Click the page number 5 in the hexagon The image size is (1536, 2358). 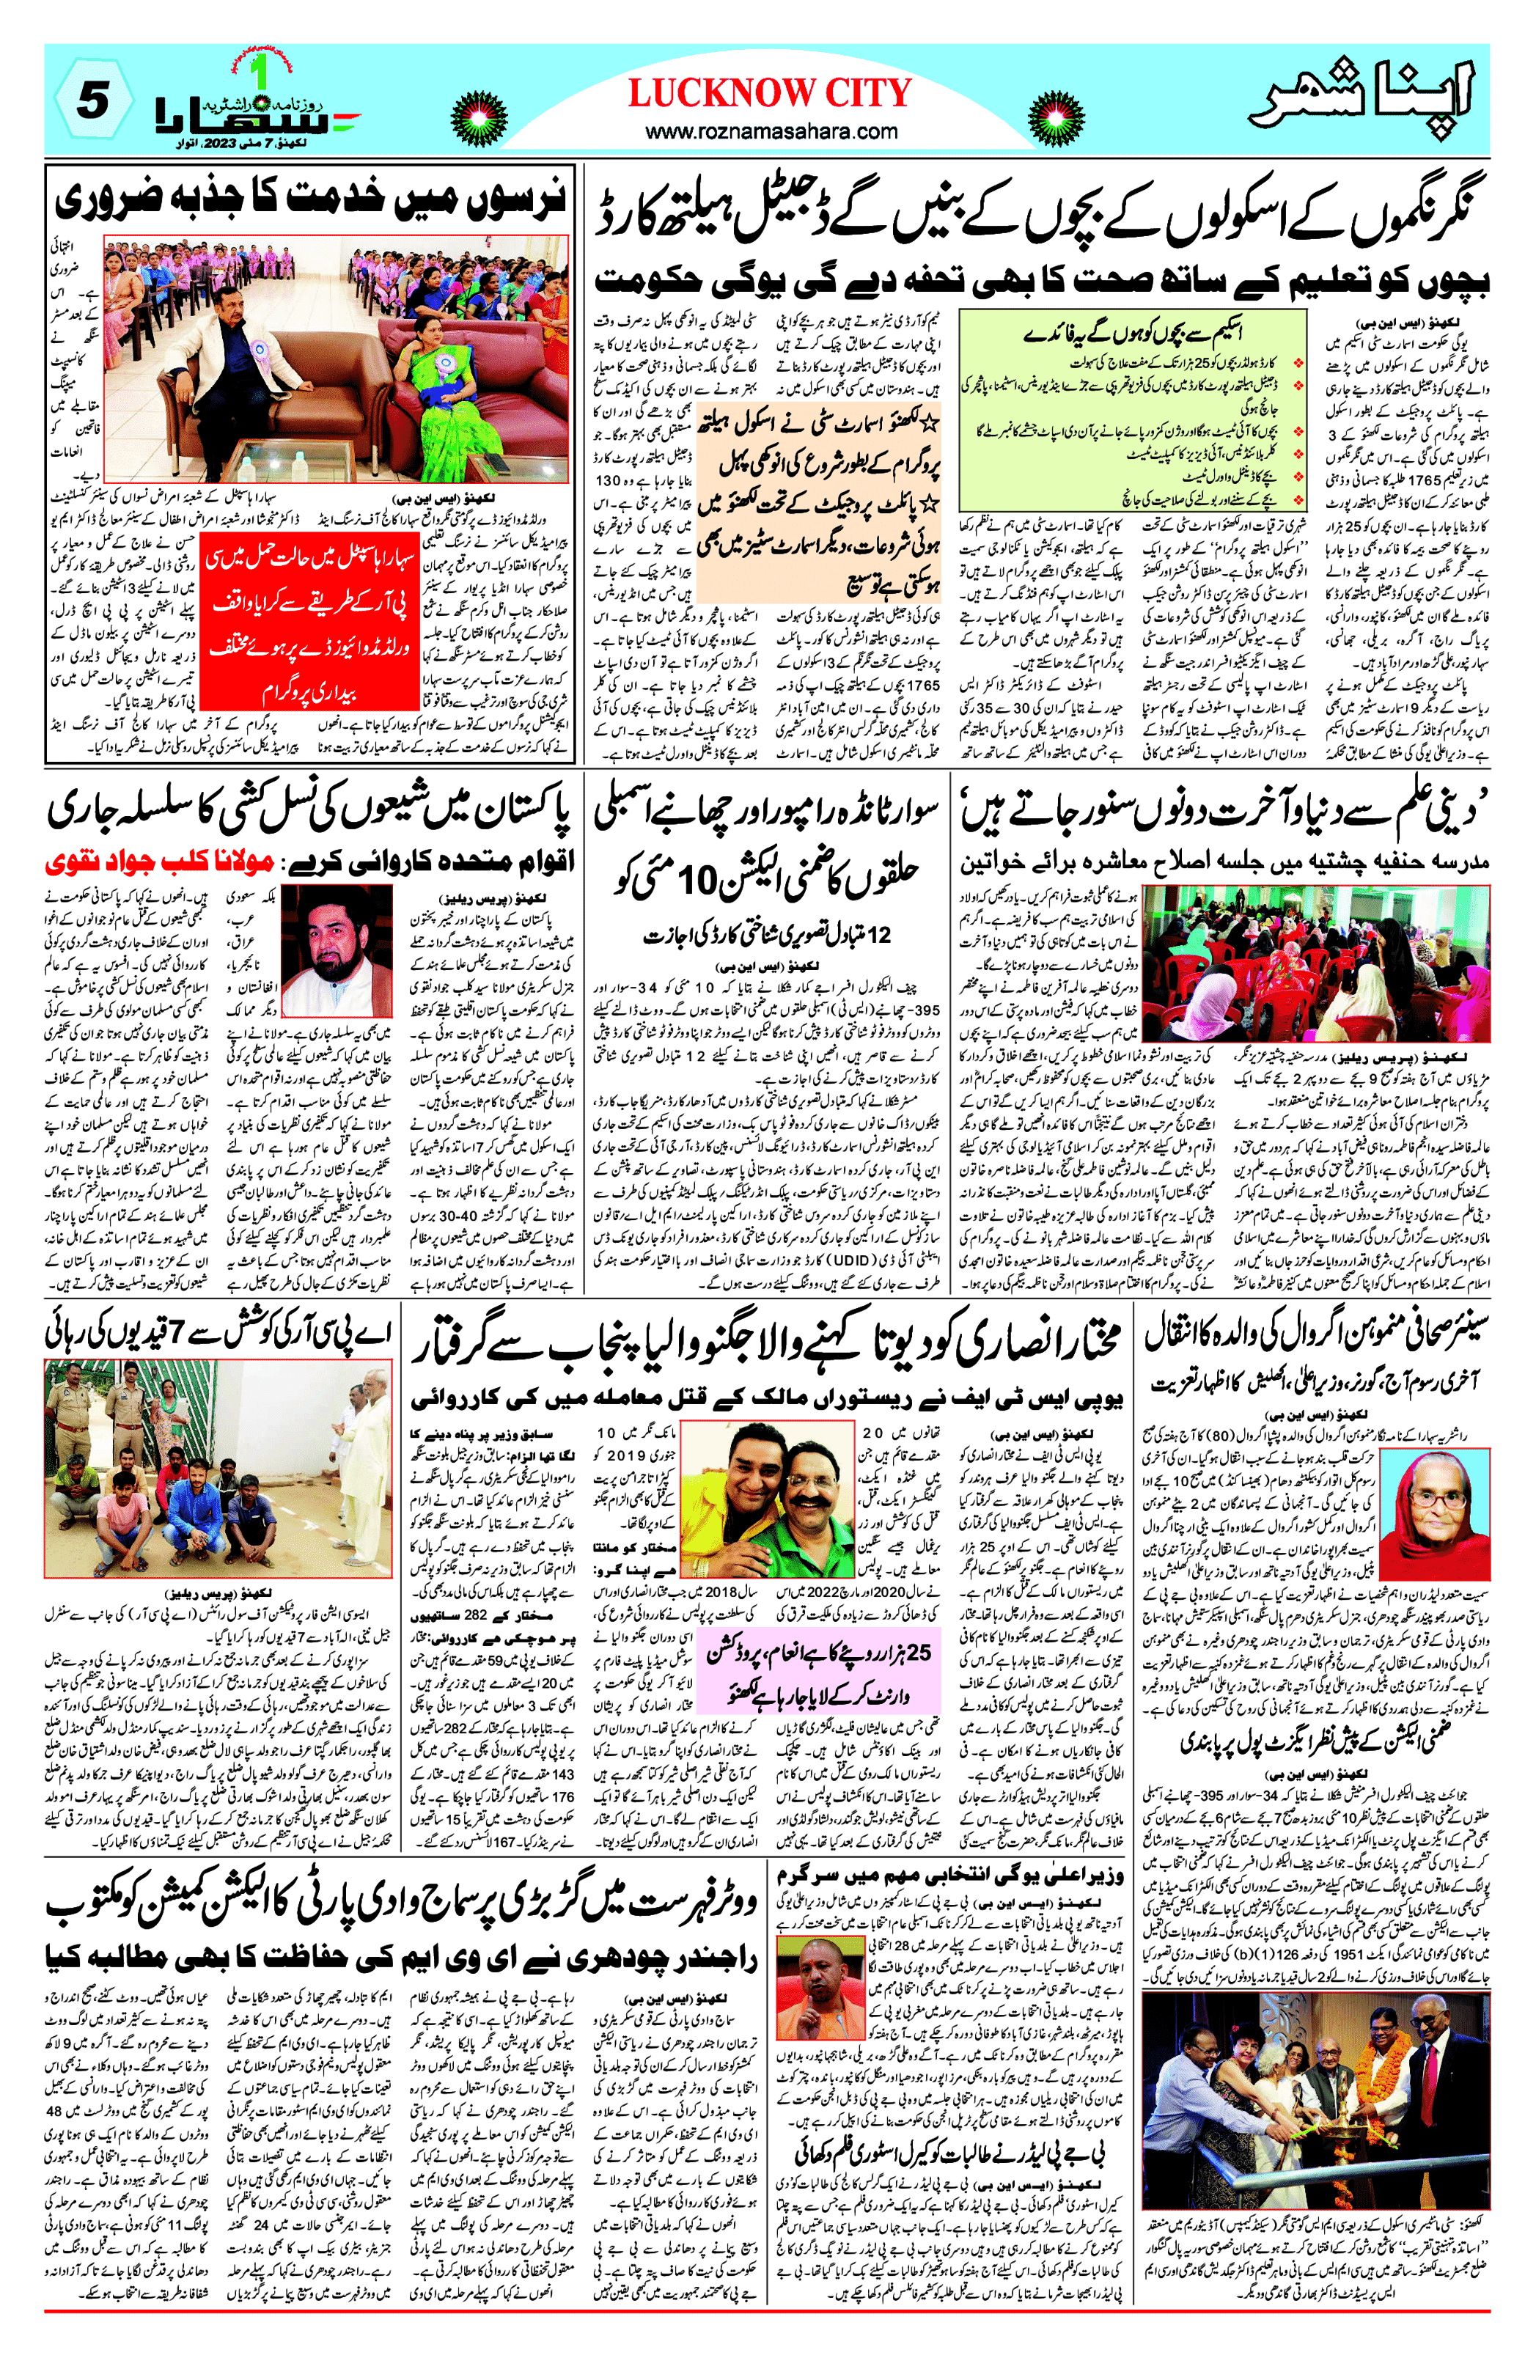93,102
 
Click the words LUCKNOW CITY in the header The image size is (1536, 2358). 769,93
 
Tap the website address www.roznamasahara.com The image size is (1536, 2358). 771,130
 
